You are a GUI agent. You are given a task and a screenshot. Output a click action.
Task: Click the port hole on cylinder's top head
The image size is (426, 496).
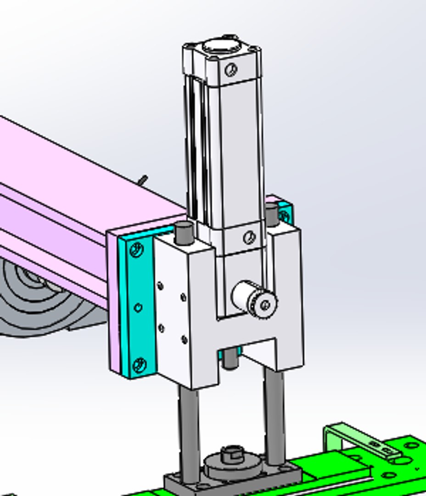point(231,69)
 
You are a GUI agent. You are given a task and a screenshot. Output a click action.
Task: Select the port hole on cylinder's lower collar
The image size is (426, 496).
point(249,237)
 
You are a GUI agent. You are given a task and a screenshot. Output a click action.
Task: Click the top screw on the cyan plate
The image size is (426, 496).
point(136,250)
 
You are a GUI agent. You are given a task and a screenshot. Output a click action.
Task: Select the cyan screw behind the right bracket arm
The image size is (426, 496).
point(284,215)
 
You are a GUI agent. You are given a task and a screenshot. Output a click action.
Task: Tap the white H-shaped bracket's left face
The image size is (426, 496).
point(172,312)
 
